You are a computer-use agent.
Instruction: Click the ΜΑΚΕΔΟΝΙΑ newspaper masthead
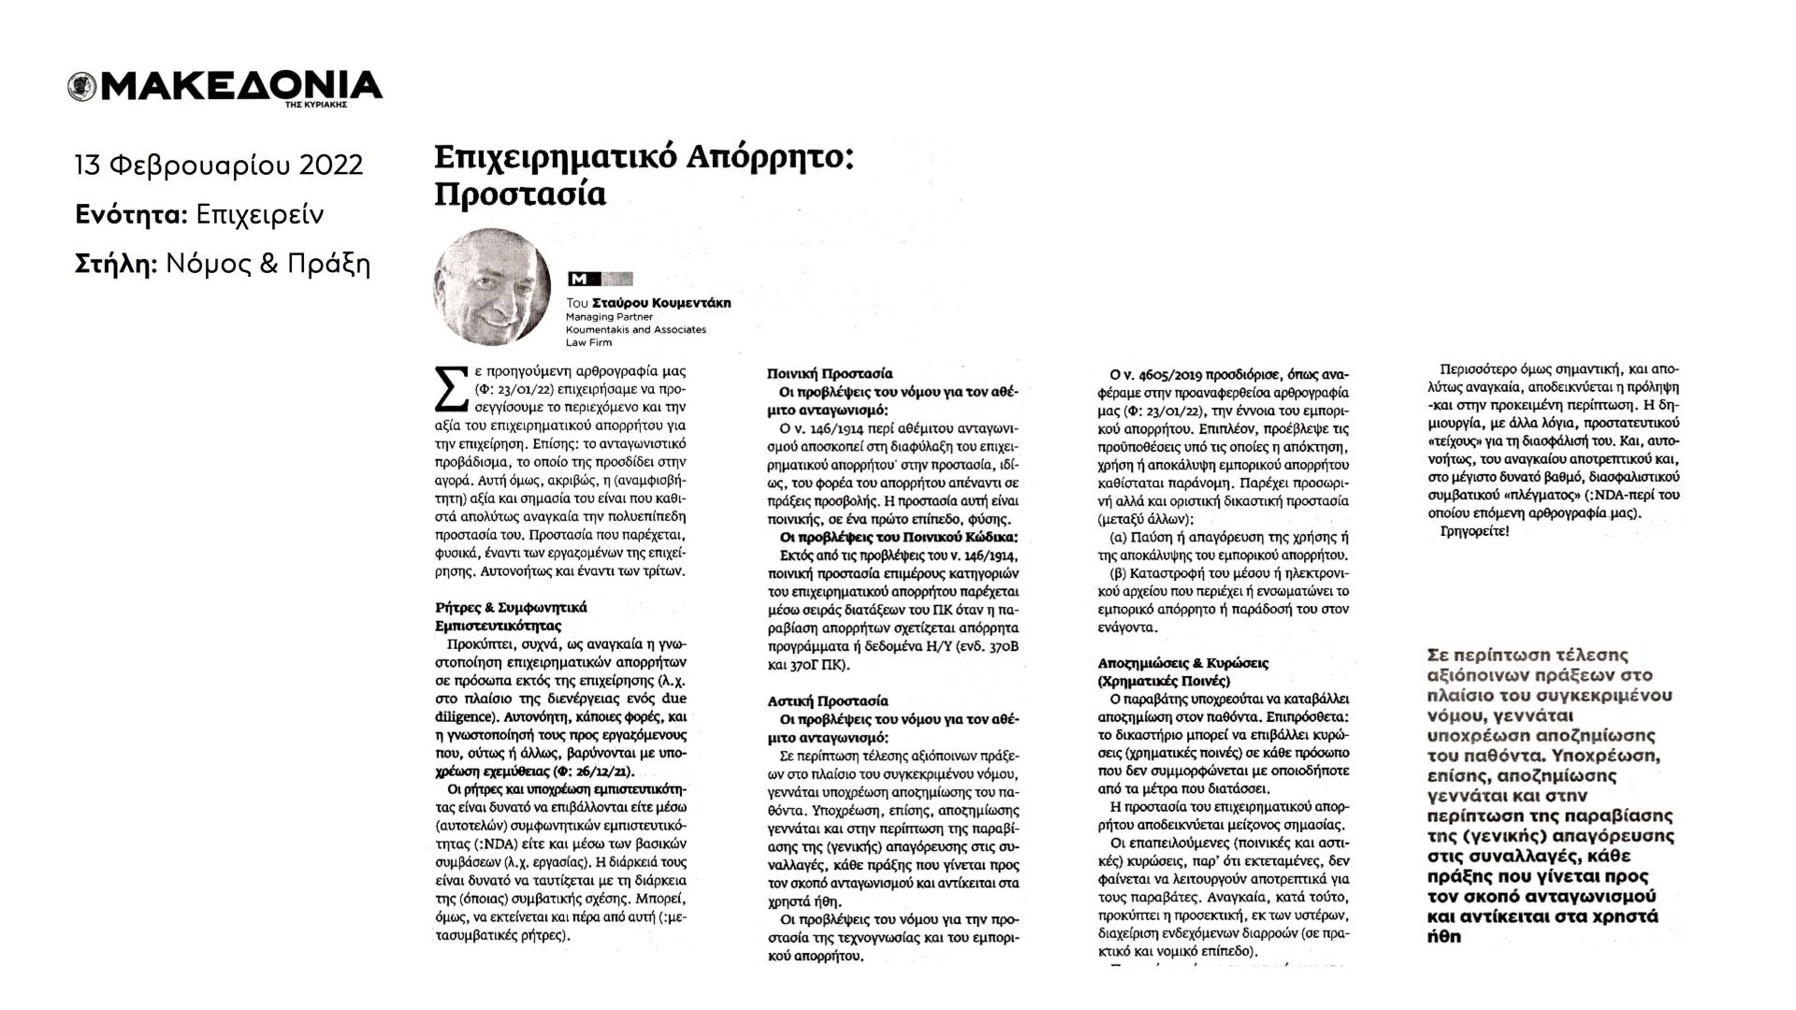click(238, 86)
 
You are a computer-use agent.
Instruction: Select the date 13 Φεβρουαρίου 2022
click(219, 166)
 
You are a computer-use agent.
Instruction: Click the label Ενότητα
click(130, 215)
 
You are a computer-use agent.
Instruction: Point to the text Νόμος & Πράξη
click(268, 265)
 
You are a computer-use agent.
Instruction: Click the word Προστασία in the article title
click(520, 193)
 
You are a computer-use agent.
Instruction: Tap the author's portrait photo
click(493, 287)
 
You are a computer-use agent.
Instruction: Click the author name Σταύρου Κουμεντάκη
click(661, 303)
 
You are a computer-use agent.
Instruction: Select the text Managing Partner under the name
click(609, 317)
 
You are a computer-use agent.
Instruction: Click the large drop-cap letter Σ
click(453, 391)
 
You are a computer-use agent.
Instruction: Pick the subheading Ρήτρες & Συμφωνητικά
click(512, 607)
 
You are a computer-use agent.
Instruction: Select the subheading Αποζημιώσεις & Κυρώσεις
click(1182, 663)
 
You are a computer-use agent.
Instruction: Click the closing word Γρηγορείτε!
click(1471, 531)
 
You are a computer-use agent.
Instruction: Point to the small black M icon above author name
click(578, 279)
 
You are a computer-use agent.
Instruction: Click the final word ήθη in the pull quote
click(1444, 936)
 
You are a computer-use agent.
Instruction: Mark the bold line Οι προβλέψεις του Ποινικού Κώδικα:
click(898, 537)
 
